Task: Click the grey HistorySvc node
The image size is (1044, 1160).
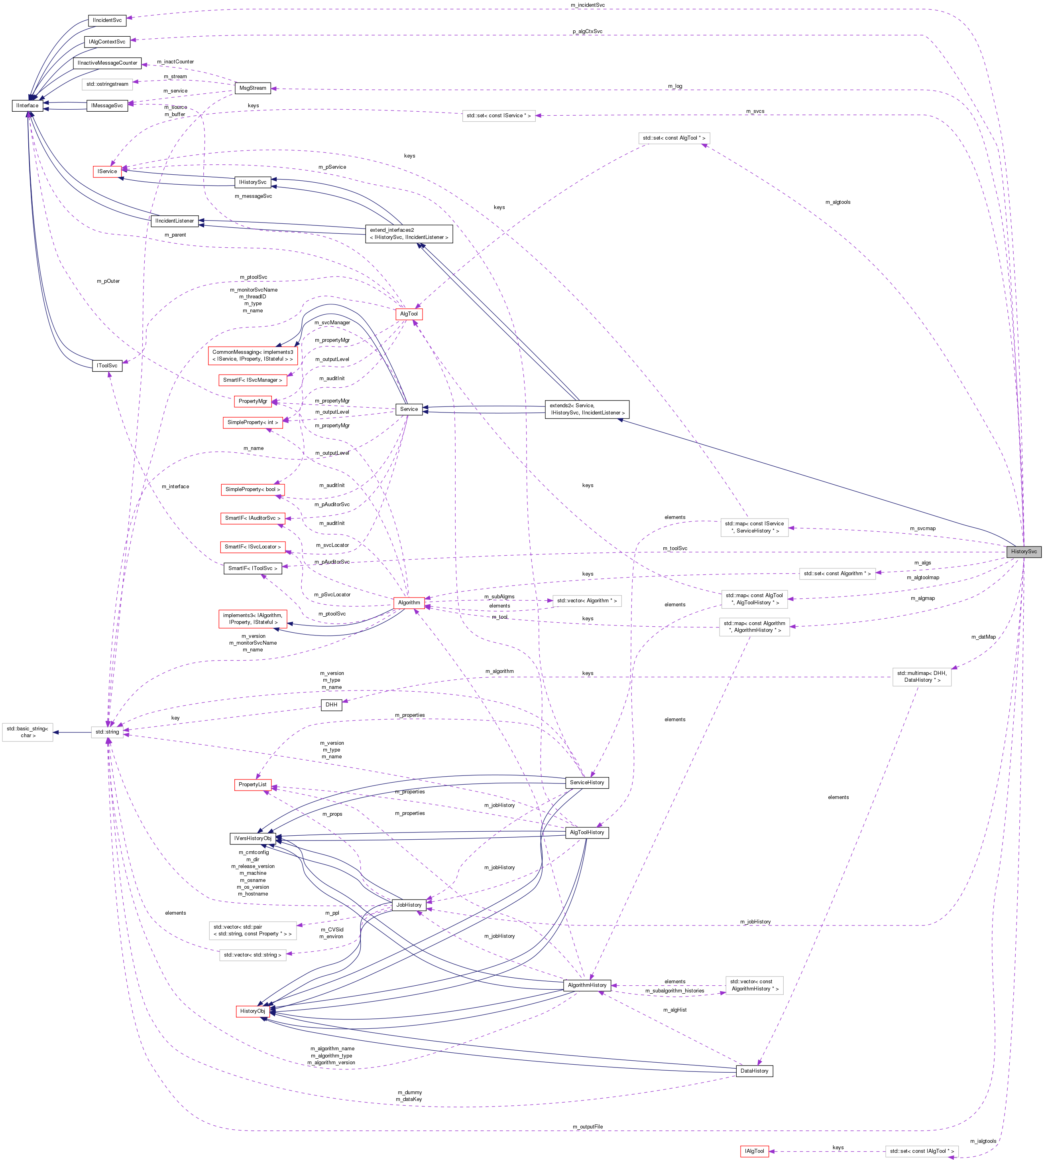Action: click(1023, 552)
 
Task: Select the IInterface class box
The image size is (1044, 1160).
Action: click(28, 106)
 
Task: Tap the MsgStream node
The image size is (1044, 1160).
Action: click(252, 88)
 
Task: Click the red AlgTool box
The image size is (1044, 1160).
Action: click(409, 314)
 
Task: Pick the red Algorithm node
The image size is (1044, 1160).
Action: click(409, 603)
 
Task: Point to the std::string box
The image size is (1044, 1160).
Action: click(107, 732)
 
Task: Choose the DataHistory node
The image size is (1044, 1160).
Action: click(754, 1071)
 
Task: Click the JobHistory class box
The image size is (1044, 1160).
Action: click(409, 905)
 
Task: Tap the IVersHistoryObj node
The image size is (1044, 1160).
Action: click(252, 838)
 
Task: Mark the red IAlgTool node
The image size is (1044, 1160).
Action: click(754, 1151)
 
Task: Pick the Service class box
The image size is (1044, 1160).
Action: click(409, 409)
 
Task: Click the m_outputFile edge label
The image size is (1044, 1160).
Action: click(588, 1127)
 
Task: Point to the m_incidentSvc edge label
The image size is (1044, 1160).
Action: click(588, 5)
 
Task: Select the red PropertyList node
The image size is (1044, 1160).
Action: click(252, 785)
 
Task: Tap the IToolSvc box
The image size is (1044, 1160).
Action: click(107, 366)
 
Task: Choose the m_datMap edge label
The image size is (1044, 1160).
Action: click(983, 637)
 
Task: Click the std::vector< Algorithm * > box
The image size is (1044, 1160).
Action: click(587, 601)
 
